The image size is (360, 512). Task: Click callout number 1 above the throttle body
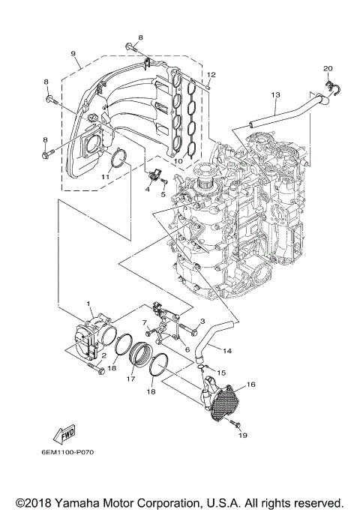88,303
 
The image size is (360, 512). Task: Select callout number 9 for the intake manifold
73,53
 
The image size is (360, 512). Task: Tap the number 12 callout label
211,74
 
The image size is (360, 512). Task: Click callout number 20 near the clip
327,69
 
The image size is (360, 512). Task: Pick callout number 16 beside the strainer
250,384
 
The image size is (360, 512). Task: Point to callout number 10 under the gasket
178,160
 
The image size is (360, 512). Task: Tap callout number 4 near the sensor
148,190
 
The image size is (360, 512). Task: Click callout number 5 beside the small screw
162,193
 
